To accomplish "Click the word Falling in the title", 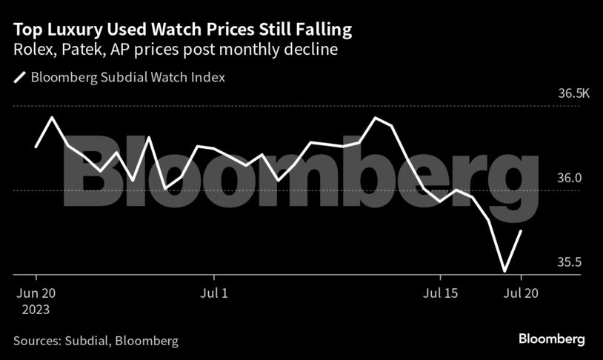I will pos(322,30).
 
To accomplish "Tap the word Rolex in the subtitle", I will pos(30,50).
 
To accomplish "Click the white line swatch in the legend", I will pos(19,77).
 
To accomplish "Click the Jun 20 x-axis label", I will pos(35,293).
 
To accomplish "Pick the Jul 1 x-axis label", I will pos(214,293).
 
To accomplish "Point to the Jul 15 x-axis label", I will pos(440,293).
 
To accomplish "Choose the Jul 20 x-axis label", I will pos(521,293).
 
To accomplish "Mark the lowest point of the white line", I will pos(504,271).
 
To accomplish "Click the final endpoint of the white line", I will pos(522,231).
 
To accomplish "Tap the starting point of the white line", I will pos(36,147).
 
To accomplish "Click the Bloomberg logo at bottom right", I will pos(550,339).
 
